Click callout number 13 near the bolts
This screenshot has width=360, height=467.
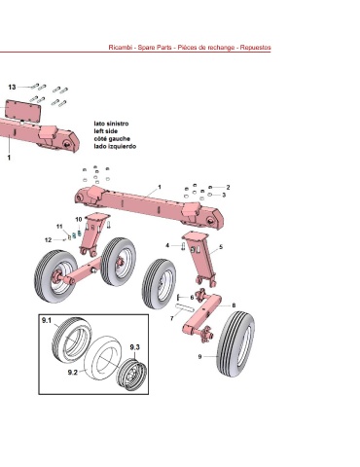point(12,87)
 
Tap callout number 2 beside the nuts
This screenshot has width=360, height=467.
point(228,187)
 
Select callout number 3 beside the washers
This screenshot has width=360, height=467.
point(224,195)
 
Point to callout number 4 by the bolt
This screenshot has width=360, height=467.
point(167,245)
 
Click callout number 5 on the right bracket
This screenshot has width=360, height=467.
point(221,247)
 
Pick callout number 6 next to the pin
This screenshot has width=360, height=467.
point(192,298)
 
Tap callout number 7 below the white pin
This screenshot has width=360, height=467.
point(172,319)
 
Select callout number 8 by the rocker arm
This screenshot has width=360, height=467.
point(234,305)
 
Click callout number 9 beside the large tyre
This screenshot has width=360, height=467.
point(199,356)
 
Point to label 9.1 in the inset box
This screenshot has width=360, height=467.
point(47,320)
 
